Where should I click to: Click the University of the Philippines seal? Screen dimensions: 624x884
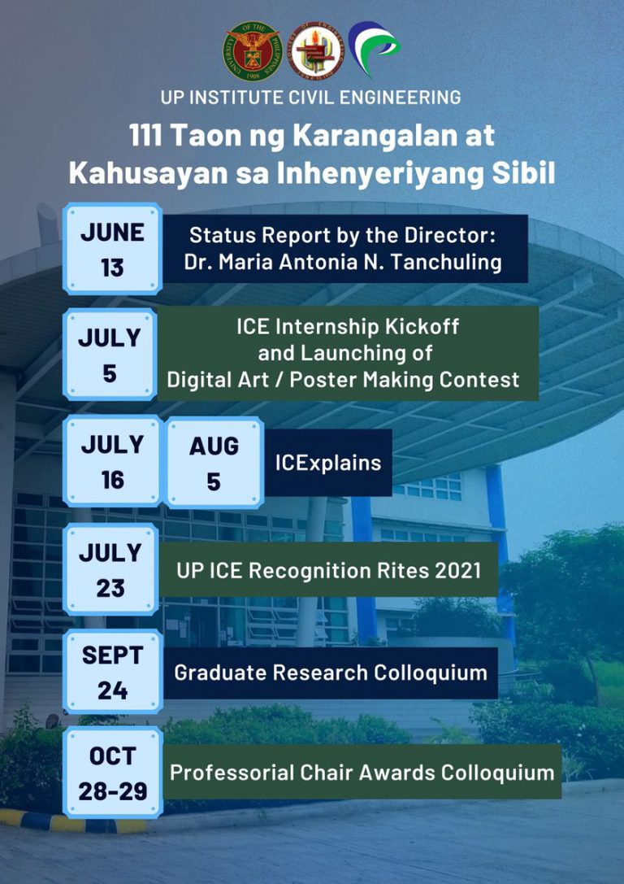coord(253,51)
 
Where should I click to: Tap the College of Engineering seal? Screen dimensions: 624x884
coord(315,51)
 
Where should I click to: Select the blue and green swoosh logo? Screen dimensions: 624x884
coord(374,48)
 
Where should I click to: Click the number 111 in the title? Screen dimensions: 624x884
coord(145,136)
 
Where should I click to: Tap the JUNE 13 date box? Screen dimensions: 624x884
coord(113,249)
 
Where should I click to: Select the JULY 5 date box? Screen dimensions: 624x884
coord(110,354)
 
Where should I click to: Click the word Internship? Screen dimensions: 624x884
coord(329,326)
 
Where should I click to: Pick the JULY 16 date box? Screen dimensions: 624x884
coord(113,461)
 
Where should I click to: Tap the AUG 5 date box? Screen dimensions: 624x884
coord(214,463)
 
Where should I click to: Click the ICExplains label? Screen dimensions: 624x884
coord(328,463)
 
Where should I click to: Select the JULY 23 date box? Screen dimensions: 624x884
coord(110,569)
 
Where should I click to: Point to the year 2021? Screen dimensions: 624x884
coord(458,571)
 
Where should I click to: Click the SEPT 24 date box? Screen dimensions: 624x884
coord(113,672)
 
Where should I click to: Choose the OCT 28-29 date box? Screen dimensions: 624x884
coord(113,773)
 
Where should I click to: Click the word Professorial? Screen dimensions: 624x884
coord(232,773)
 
